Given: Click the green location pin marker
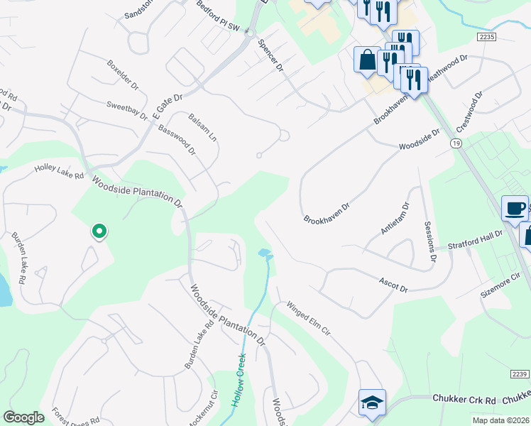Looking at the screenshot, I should click(x=100, y=231).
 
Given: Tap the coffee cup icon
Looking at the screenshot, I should click(x=515, y=209).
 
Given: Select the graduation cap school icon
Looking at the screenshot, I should click(x=372, y=402).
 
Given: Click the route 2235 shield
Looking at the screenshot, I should click(x=486, y=37).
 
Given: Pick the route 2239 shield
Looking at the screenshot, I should click(x=520, y=374).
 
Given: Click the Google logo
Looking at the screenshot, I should click(x=23, y=417).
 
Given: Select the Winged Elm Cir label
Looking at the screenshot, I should click(x=309, y=319).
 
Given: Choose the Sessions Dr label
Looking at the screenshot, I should click(x=429, y=241).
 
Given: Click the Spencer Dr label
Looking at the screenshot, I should click(x=270, y=55).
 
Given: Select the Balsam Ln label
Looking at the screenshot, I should click(x=202, y=126).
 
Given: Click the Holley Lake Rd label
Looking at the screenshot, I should click(x=60, y=171).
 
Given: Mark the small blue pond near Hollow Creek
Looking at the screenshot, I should click(x=264, y=253).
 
